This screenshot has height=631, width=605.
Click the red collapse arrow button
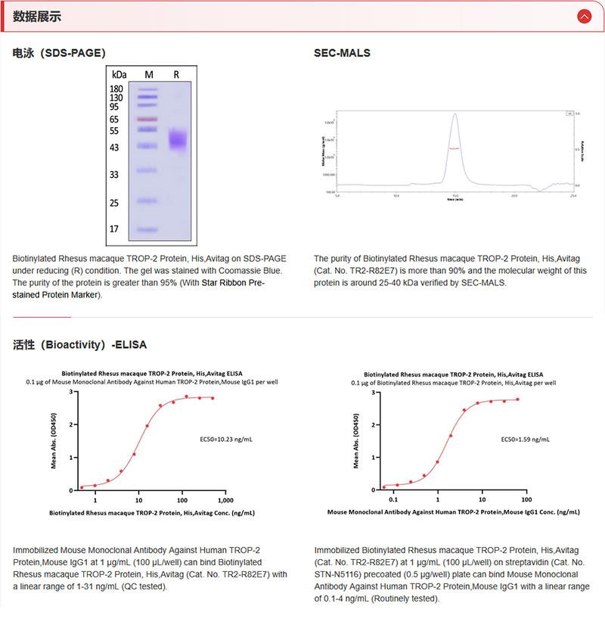[584, 16]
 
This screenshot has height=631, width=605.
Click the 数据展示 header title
[37, 17]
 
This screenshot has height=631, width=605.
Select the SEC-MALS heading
[342, 53]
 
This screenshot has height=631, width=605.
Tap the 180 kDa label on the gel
[116, 89]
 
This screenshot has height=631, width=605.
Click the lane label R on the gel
[176, 74]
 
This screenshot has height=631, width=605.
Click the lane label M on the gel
[148, 74]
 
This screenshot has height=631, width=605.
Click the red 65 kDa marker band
[147, 120]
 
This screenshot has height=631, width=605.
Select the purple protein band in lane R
[178, 140]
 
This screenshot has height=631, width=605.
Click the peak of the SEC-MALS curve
[455, 115]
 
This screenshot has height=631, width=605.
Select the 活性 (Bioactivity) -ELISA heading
[79, 344]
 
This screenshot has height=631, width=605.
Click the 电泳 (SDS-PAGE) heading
[59, 53]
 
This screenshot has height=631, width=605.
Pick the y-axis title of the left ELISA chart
[54, 441]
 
